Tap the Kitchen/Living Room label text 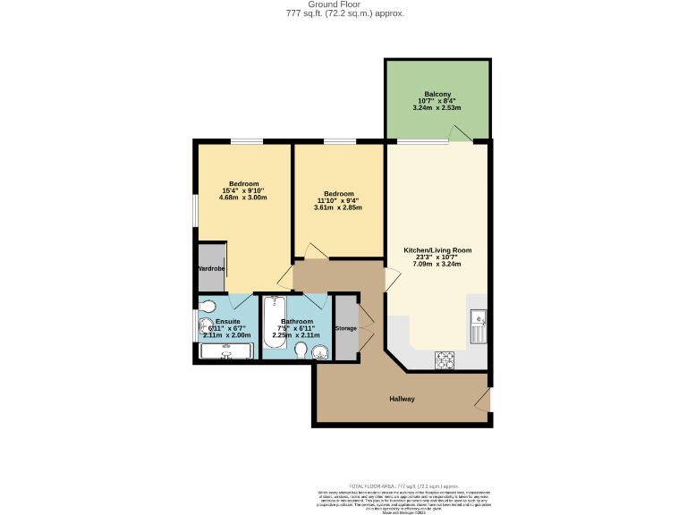437,250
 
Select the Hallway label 402,399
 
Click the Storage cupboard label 345,328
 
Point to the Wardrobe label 211,268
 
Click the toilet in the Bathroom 301,349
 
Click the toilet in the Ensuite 207,326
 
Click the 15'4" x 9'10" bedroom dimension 243,190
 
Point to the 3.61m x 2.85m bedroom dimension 339,207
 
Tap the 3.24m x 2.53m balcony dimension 437,107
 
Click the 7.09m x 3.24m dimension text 437,265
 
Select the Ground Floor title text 344,4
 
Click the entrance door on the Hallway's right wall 485,399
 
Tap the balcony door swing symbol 461,134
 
